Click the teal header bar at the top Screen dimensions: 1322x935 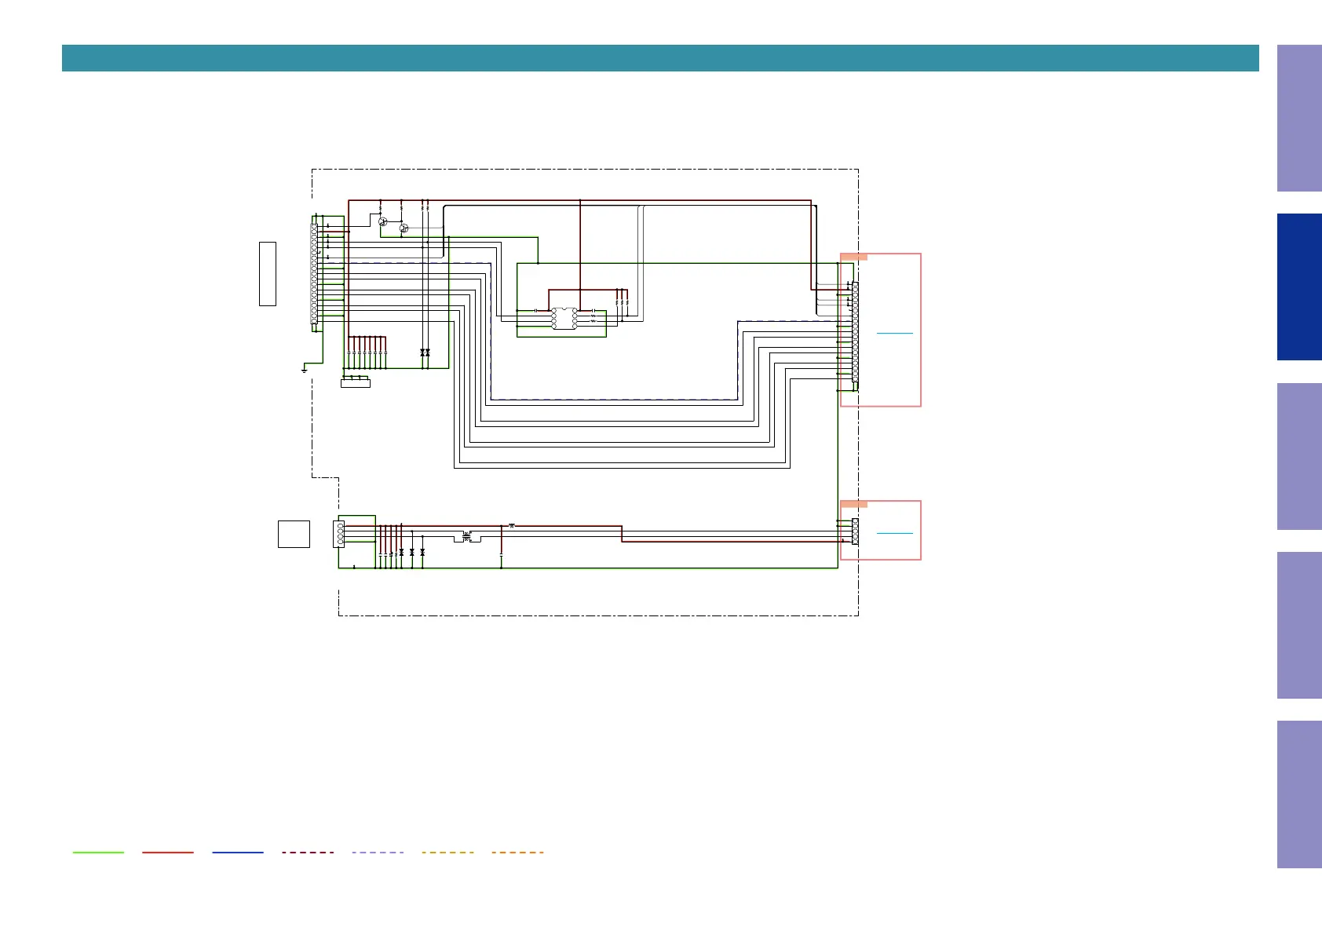pos(659,58)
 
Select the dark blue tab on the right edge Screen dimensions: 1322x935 pos(1298,287)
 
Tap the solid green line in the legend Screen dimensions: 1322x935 pos(98,852)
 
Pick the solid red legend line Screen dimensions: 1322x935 pos(168,852)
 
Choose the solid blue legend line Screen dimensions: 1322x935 pos(238,852)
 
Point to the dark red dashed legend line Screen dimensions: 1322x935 pos(308,852)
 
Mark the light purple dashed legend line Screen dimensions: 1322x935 pos(378,852)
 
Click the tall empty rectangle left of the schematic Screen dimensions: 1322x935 pos(268,274)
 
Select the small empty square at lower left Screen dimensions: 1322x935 pos(294,534)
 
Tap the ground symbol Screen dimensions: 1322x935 pos(304,369)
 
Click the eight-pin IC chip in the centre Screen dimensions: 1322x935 pos(564,318)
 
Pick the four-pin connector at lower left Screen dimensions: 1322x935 pos(340,534)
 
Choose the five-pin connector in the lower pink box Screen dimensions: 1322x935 pos(855,532)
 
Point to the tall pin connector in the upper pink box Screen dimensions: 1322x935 pos(855,332)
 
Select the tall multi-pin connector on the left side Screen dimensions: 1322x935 pos(314,273)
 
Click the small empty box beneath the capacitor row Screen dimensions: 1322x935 pos(356,383)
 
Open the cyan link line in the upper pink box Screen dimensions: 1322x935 pos(895,334)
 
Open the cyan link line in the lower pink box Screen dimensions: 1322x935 pos(895,534)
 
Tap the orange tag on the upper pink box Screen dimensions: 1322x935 pos(854,257)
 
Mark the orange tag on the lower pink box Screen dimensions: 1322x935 pos(854,504)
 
